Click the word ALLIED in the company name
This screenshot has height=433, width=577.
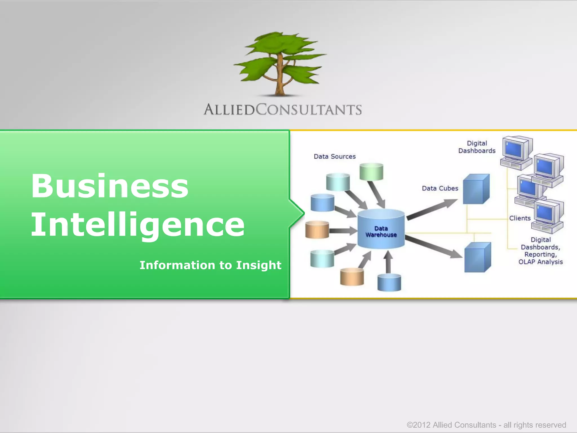(x=229, y=110)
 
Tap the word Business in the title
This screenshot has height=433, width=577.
(x=110, y=186)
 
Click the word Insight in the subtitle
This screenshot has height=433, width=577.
(x=259, y=265)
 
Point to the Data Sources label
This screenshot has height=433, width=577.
(x=335, y=156)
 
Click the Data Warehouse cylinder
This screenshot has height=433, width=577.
(x=381, y=229)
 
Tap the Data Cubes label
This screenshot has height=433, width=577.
(x=440, y=188)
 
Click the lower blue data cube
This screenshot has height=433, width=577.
(x=478, y=257)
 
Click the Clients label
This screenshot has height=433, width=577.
(x=520, y=218)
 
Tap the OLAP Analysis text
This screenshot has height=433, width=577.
(x=540, y=262)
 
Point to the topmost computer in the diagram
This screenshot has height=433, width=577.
(x=516, y=152)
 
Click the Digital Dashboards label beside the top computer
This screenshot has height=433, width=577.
(x=477, y=147)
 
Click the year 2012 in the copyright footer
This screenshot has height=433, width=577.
(x=422, y=425)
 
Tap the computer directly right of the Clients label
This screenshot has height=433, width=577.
(x=548, y=216)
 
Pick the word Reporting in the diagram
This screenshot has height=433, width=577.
(x=540, y=255)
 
